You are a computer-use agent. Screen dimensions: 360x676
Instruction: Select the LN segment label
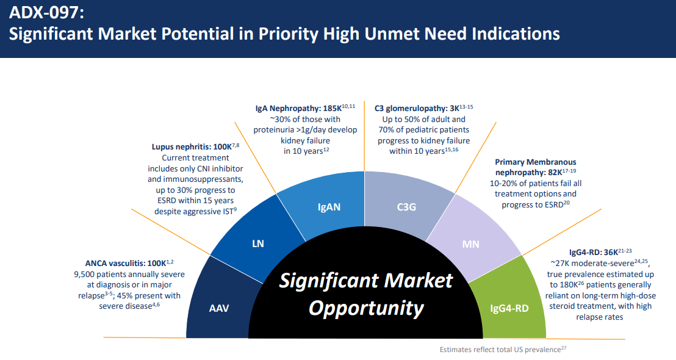(258, 244)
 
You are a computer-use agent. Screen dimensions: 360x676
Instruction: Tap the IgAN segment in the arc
(329, 206)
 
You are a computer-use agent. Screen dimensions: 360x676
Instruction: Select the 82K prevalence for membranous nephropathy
(556, 173)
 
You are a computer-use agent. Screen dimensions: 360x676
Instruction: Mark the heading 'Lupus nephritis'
(181, 147)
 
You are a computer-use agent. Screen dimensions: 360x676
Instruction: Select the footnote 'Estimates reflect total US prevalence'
(500, 350)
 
